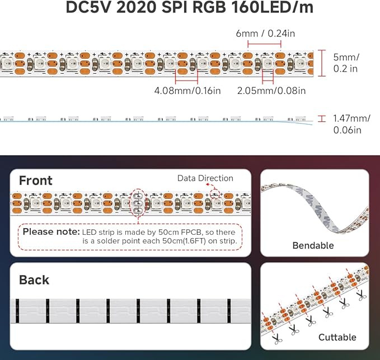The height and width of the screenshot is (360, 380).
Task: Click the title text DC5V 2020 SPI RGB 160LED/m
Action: [190, 7]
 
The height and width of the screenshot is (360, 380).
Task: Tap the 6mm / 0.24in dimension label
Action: [265, 34]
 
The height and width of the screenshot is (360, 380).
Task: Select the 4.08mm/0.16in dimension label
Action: [187, 91]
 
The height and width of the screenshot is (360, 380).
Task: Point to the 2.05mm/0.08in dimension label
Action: [271, 91]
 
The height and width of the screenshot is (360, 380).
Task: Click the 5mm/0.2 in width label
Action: [346, 63]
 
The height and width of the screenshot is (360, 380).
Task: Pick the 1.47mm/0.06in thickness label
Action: [351, 124]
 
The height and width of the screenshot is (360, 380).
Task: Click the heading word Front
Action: [36, 181]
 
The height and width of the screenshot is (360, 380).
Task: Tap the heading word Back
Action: [34, 280]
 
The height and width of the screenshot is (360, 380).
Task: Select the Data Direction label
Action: [205, 178]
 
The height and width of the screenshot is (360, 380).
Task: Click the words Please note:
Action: [51, 231]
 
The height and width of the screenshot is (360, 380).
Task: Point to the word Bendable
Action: [313, 245]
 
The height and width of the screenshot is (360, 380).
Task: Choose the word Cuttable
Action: [337, 337]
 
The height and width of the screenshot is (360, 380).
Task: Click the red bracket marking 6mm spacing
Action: [264, 44]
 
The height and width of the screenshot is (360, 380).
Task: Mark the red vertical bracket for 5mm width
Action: [322, 63]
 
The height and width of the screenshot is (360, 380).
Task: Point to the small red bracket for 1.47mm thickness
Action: [322, 119]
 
